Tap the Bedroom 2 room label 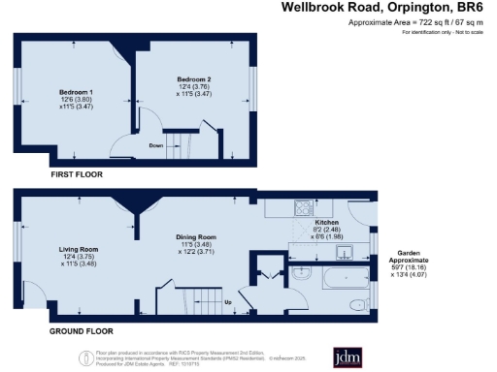click(x=193, y=78)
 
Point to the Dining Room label click(x=195, y=236)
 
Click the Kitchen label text click(x=327, y=222)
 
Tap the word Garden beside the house click(x=401, y=249)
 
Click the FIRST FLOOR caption click(x=76, y=173)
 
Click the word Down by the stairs click(x=154, y=146)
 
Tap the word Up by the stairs click(x=227, y=301)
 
